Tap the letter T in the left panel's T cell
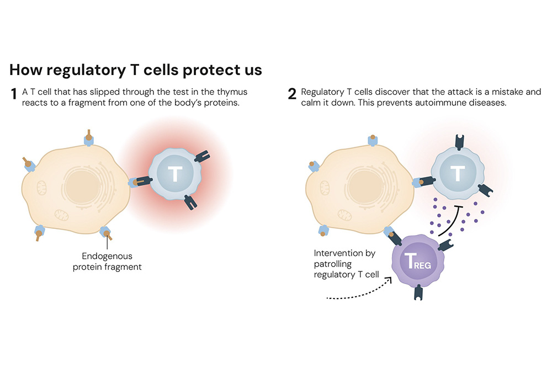coord(174,174)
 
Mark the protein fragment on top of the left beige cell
coord(88,136)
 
